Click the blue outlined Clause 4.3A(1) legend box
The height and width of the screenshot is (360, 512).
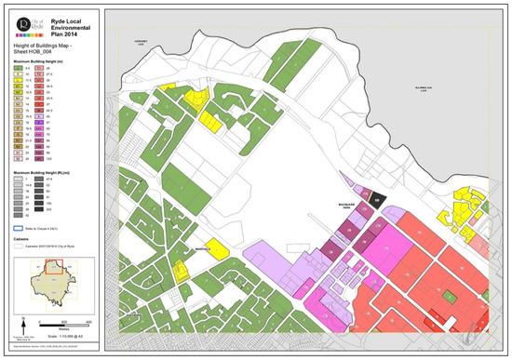point(19,227)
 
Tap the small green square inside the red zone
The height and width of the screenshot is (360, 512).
point(450,295)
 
